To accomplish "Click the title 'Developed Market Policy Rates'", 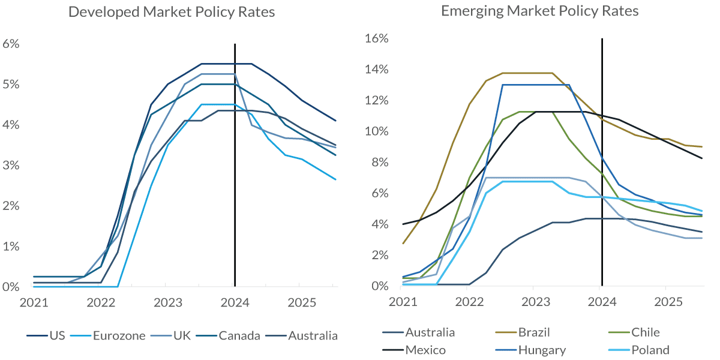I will pos(172,12).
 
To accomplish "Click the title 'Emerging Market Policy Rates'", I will pos(539,11).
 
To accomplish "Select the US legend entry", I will pos(50,335).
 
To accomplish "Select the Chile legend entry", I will pos(645,332).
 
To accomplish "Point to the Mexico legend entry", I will pos(425,350).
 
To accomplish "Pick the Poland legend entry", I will pos(650,350).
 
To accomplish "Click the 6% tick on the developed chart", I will pos(11,44).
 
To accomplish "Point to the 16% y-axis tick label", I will pos(377,38).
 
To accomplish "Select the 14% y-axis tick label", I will pos(377,70).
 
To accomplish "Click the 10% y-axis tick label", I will pos(377,131).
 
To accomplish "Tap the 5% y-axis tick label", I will pos(11,85).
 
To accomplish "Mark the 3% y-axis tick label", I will pos(11,166).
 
